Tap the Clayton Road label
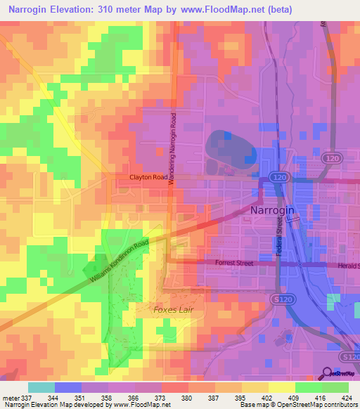(x=148, y=178)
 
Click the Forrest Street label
(x=235, y=264)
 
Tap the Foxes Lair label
(x=172, y=309)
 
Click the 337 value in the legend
(x=26, y=397)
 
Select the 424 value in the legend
(x=347, y=397)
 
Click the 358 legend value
(x=106, y=397)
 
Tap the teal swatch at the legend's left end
(x=41, y=387)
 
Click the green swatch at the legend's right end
(x=335, y=387)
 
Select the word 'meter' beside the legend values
(x=10, y=397)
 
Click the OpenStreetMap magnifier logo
(x=328, y=373)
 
